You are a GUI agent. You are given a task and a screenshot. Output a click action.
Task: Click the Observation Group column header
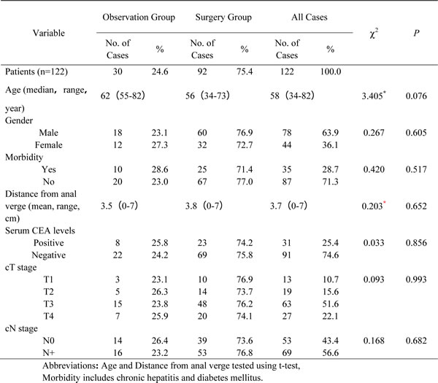point(139,18)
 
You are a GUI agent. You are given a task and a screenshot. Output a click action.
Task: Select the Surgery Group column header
point(223,18)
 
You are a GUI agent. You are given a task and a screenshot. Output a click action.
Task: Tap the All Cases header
point(310,18)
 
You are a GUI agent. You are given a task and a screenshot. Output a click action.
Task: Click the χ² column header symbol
point(374,34)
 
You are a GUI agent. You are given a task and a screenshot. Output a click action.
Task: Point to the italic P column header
point(416,33)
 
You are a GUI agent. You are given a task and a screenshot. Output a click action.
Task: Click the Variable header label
point(49,33)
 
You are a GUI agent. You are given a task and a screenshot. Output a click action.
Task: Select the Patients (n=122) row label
point(36,71)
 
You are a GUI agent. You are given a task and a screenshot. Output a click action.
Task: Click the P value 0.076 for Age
point(416,96)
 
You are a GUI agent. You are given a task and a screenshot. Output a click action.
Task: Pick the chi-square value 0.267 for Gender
point(374,133)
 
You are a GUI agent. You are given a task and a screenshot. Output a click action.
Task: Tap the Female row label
point(49,145)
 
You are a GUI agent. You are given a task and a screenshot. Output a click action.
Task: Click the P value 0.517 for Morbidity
point(416,169)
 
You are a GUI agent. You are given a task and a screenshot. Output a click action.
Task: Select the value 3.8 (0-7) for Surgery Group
point(204,206)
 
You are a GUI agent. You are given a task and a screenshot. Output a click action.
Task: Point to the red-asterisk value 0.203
point(374,206)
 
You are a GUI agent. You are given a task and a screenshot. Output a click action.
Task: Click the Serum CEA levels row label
point(40,231)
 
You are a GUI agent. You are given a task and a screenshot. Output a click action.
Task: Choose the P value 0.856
point(416,243)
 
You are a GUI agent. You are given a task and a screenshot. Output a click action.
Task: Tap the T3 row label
point(49,303)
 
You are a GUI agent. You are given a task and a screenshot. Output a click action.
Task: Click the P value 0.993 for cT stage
point(416,279)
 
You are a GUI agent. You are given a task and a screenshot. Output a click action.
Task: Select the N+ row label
point(49,353)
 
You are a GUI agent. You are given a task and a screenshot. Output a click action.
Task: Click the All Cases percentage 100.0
point(331,71)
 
